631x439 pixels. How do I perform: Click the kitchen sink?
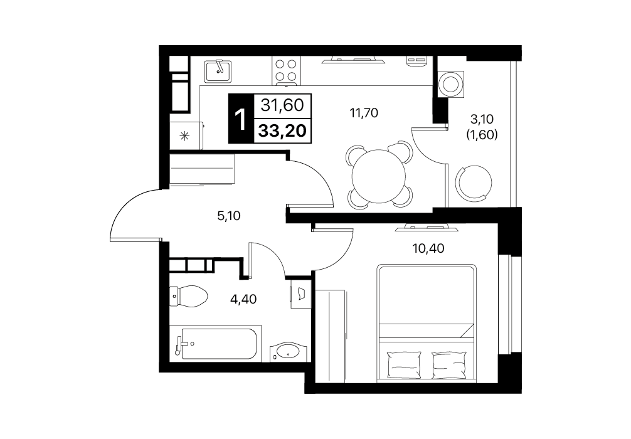pyautogui.click(x=217, y=71)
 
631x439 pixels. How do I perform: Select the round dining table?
pyautogui.click(x=379, y=176)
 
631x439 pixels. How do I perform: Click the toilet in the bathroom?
pyautogui.click(x=188, y=296)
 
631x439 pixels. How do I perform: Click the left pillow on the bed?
pyautogui.click(x=404, y=364)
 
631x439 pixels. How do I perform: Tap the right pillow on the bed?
pyautogui.click(x=448, y=364)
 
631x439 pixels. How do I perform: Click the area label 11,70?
pyautogui.click(x=364, y=113)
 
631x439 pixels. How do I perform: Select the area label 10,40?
pyautogui.click(x=428, y=248)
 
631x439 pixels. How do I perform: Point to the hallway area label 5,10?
pyautogui.click(x=228, y=216)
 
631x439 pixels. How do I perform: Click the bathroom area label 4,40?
pyautogui.click(x=243, y=299)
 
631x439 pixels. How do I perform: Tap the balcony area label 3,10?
pyautogui.click(x=482, y=119)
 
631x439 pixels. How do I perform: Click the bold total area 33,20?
pyautogui.click(x=282, y=131)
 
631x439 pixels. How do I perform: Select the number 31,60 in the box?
pyautogui.click(x=282, y=105)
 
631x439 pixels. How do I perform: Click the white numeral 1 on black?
pyautogui.click(x=241, y=119)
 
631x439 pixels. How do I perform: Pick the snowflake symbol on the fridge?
pyautogui.click(x=184, y=135)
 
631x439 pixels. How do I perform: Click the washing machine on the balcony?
pyautogui.click(x=451, y=84)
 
